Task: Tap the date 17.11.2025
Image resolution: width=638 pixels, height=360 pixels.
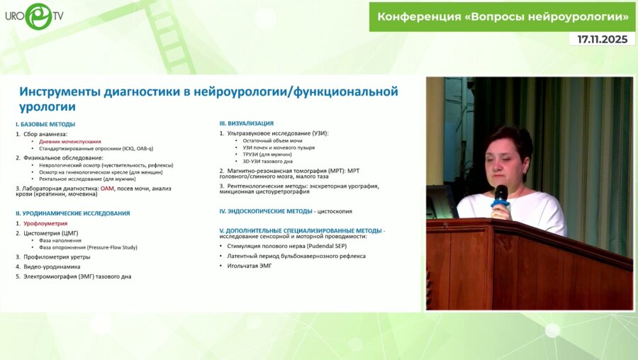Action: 602,40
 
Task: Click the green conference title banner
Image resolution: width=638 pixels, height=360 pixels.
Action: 503,16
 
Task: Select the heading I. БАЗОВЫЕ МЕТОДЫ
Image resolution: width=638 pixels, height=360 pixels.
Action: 45,125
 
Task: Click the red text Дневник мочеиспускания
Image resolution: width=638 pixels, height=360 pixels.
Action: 70,141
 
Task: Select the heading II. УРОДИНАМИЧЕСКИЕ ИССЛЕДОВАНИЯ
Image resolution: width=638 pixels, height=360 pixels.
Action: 73,213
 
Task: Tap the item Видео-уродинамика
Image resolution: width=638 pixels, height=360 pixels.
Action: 52,266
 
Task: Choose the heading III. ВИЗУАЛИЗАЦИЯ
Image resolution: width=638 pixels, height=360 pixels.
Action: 246,123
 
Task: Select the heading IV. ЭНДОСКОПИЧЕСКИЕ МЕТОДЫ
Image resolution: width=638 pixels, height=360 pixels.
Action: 265,211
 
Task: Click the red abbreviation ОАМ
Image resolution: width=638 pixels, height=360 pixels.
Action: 107,189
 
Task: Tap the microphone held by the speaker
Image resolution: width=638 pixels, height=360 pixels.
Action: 500,195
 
